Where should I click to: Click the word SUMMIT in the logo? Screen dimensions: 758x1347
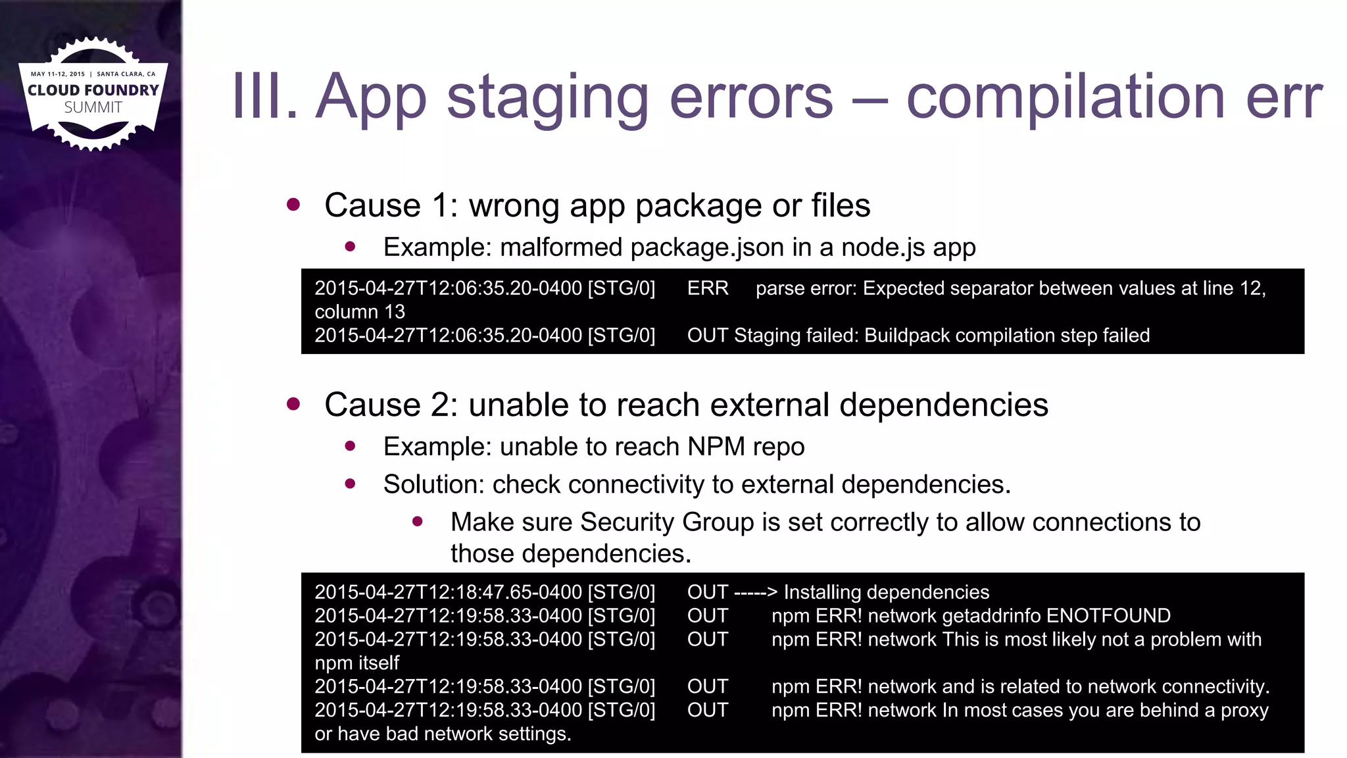pos(93,107)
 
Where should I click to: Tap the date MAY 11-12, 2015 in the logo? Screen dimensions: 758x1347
pos(58,74)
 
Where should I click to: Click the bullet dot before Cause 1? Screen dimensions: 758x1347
pos(293,205)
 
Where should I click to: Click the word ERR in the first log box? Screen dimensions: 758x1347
pos(708,288)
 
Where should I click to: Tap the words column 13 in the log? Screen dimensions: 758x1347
pos(360,312)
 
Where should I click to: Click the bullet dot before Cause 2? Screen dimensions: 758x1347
pos(293,404)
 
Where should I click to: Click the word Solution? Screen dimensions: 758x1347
pos(433,484)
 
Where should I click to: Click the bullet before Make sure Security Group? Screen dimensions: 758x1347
pos(418,522)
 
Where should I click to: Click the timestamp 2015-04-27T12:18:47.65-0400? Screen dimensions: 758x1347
pos(448,592)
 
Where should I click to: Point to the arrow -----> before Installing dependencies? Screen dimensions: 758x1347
pos(756,592)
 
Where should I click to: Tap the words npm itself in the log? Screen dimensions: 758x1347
pos(357,663)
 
